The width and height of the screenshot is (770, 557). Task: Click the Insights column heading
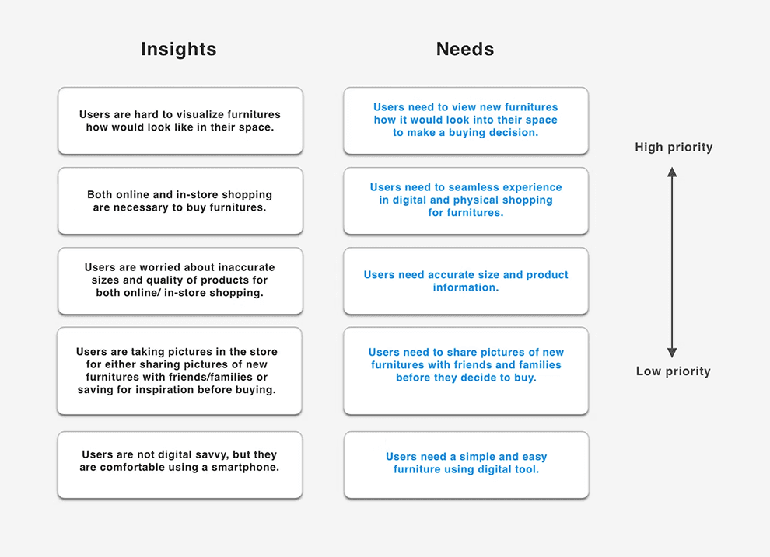(179, 50)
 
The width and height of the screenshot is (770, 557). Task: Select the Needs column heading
(465, 50)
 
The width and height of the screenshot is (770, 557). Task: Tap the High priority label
(674, 148)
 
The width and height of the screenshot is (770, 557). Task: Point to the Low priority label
(674, 371)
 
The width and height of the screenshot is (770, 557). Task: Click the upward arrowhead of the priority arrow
(673, 172)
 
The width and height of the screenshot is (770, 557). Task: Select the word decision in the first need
(513, 133)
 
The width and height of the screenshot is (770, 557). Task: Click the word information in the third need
(466, 287)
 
